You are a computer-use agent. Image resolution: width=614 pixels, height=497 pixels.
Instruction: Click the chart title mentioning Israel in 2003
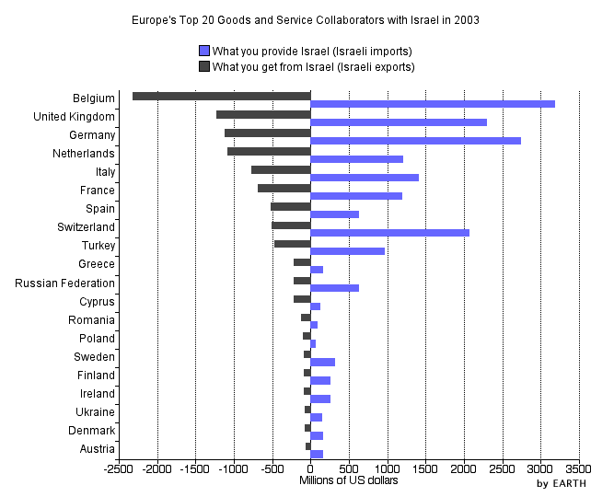(x=306, y=19)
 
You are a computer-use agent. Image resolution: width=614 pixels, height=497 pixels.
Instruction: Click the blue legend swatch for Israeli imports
(x=204, y=51)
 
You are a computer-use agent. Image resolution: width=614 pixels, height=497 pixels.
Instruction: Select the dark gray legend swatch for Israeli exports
(x=204, y=66)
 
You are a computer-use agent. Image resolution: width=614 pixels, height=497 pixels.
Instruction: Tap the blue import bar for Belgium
(x=433, y=104)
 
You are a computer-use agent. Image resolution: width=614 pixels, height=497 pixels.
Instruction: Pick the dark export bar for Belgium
(x=221, y=96)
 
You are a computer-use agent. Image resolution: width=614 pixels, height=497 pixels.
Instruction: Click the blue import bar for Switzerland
(x=390, y=233)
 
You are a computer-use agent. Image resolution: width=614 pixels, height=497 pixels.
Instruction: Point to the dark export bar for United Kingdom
(x=263, y=114)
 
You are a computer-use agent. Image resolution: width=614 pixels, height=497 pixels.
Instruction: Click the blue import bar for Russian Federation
(x=335, y=288)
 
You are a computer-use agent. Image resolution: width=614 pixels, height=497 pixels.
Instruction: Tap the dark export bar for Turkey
(x=293, y=243)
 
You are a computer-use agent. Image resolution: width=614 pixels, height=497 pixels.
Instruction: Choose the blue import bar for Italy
(x=365, y=178)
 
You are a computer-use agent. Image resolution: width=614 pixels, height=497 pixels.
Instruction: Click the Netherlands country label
(x=84, y=154)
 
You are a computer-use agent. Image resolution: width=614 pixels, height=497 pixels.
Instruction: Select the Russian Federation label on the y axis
(x=64, y=283)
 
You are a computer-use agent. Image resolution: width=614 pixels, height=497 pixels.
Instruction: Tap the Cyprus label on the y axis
(x=96, y=301)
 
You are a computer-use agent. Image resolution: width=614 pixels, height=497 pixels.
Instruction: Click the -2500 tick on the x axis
(x=119, y=469)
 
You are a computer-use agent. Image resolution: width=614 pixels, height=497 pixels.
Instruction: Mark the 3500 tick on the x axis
(x=579, y=469)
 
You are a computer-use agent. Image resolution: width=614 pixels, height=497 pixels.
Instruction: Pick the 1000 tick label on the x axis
(x=388, y=469)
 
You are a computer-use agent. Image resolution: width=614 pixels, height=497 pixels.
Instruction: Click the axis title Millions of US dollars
(x=349, y=480)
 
